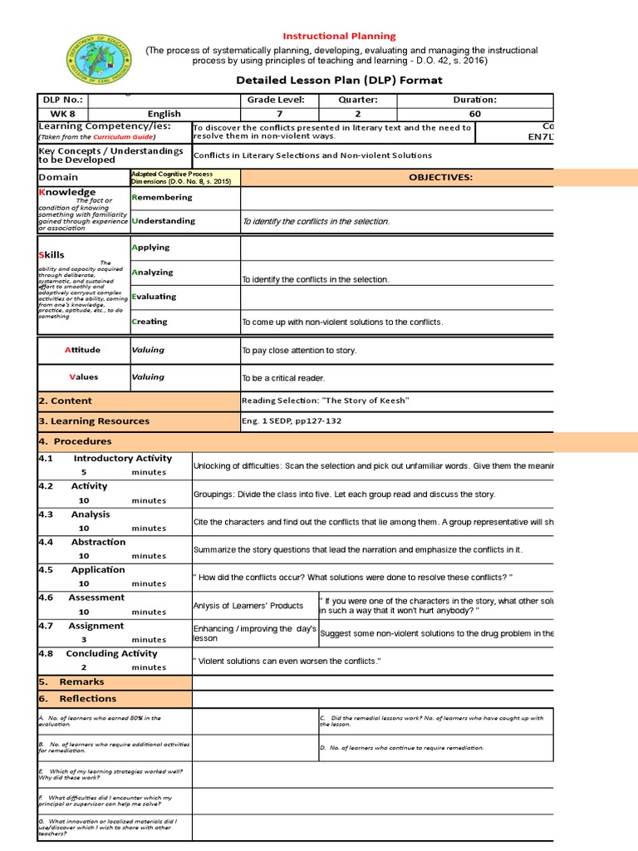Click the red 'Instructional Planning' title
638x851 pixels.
click(340, 37)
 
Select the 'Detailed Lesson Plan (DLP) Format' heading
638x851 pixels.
click(340, 80)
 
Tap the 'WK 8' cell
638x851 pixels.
click(62, 114)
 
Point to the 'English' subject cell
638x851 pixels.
click(164, 114)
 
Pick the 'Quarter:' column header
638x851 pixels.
click(358, 101)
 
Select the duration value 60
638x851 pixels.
click(475, 114)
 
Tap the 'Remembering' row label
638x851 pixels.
click(162, 198)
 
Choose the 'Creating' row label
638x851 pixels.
click(150, 322)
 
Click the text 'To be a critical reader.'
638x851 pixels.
click(283, 378)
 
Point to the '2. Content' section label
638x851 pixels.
click(66, 401)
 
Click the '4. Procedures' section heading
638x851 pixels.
click(75, 441)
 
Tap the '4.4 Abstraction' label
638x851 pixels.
click(82, 542)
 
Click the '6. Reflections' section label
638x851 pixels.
click(77, 699)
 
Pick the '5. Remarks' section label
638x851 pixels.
click(71, 681)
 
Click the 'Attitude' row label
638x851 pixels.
click(82, 350)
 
